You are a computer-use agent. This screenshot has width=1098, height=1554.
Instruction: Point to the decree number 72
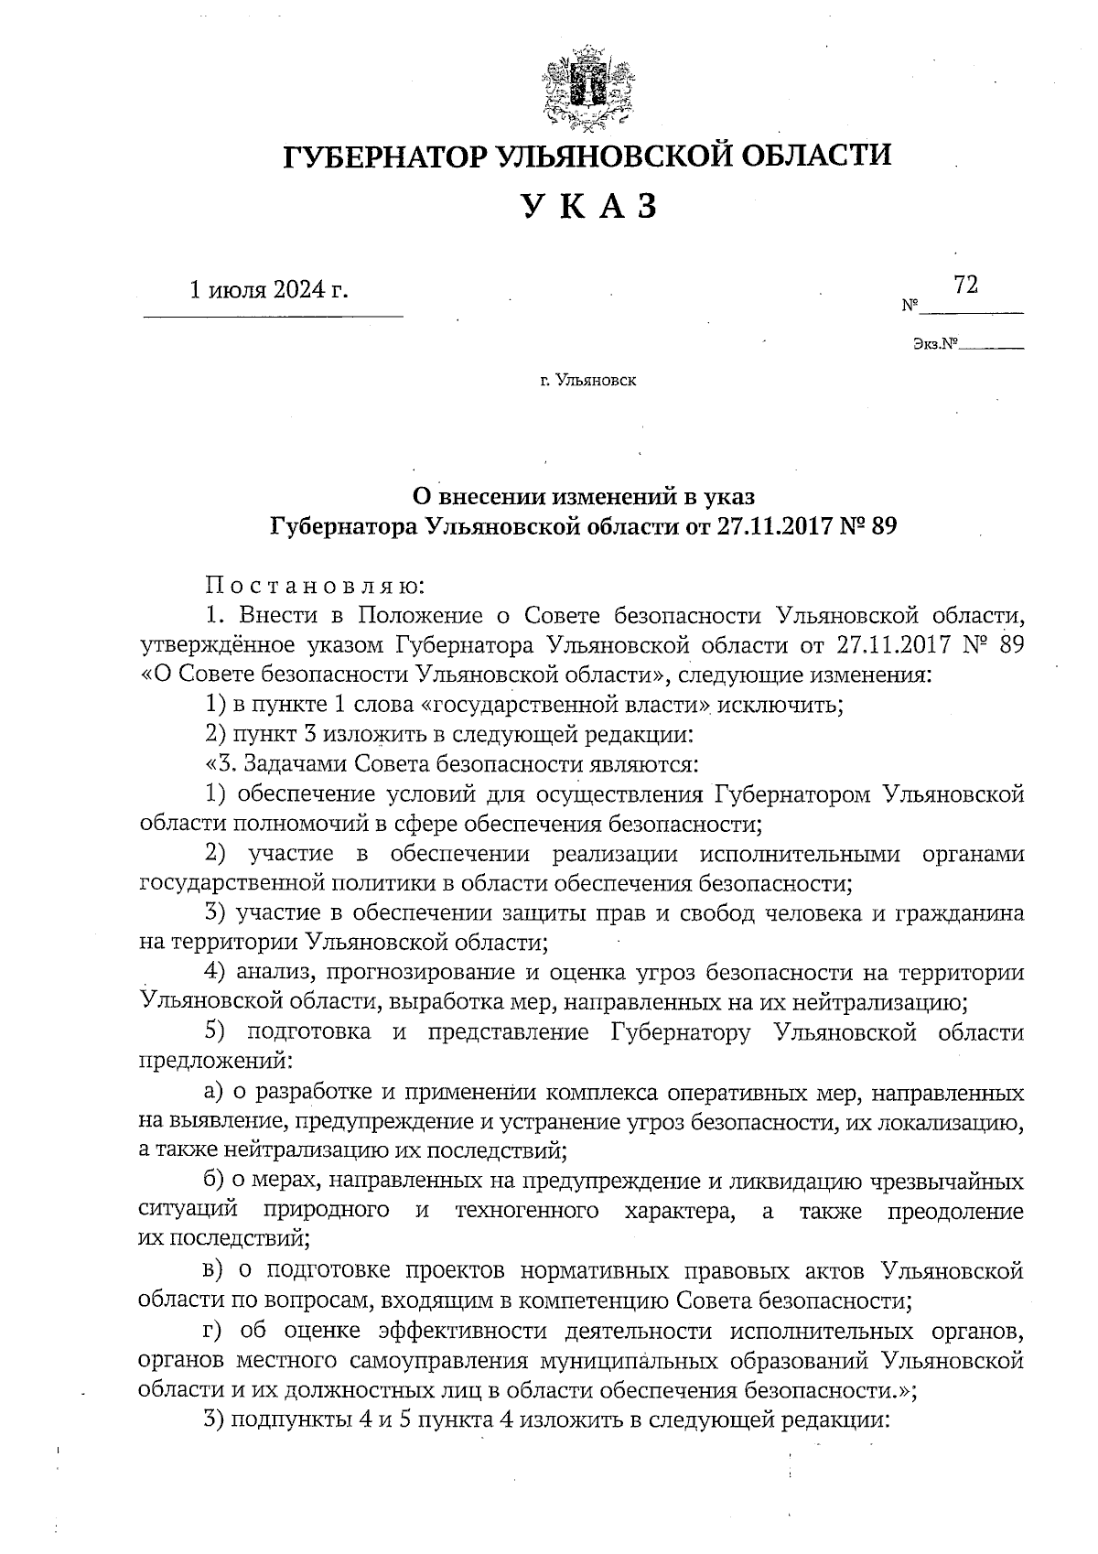click(x=965, y=286)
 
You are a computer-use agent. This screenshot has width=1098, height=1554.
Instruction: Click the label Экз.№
click(x=933, y=345)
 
